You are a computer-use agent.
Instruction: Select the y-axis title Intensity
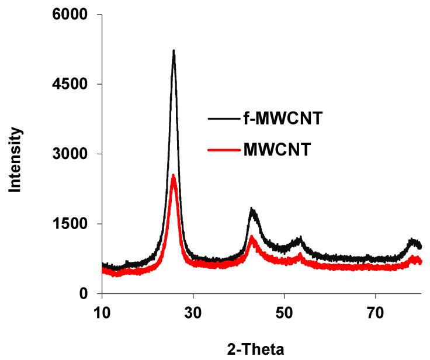pos(16,160)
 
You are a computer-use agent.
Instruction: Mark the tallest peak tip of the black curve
pos(174,51)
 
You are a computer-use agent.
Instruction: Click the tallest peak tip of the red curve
pos(173,176)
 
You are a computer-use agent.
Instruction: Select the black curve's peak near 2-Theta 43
pos(252,209)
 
